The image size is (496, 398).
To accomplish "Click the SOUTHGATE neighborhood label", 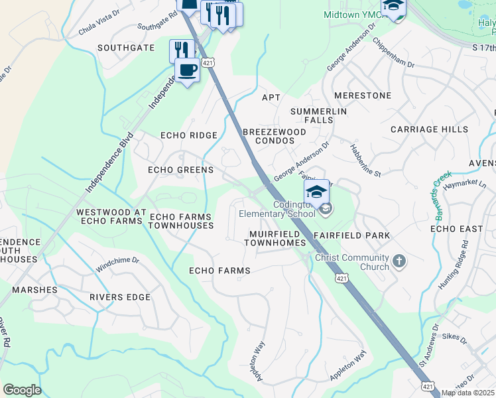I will (x=126, y=48).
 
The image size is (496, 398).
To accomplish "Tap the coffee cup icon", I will (x=186, y=70).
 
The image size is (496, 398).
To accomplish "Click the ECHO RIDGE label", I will (x=189, y=135).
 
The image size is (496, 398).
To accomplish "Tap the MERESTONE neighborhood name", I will (x=363, y=96).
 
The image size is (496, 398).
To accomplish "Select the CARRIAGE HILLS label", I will (x=429, y=129).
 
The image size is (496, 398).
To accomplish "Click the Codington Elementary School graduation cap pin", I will (x=317, y=192).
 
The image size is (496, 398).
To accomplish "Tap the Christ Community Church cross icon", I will (x=399, y=260).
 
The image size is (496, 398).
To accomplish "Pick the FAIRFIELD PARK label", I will (x=351, y=235).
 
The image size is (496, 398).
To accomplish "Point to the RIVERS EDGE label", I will (x=120, y=297).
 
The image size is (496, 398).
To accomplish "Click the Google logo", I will (x=22, y=390).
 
